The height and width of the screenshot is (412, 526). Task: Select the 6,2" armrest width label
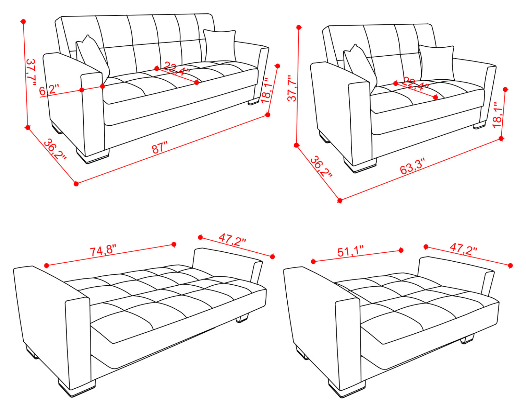click(49, 90)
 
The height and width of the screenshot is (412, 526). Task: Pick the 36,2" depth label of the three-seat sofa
click(55, 149)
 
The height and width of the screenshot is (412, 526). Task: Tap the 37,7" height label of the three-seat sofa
click(31, 72)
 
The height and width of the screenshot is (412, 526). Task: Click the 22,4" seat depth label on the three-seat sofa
click(176, 69)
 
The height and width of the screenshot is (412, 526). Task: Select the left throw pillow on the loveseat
click(360, 65)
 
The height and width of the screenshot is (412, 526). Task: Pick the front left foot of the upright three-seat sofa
click(93, 155)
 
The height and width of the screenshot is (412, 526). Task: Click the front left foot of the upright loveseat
click(361, 165)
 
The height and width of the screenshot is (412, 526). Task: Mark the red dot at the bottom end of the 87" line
click(76, 184)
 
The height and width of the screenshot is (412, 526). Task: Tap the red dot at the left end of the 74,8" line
click(47, 266)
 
